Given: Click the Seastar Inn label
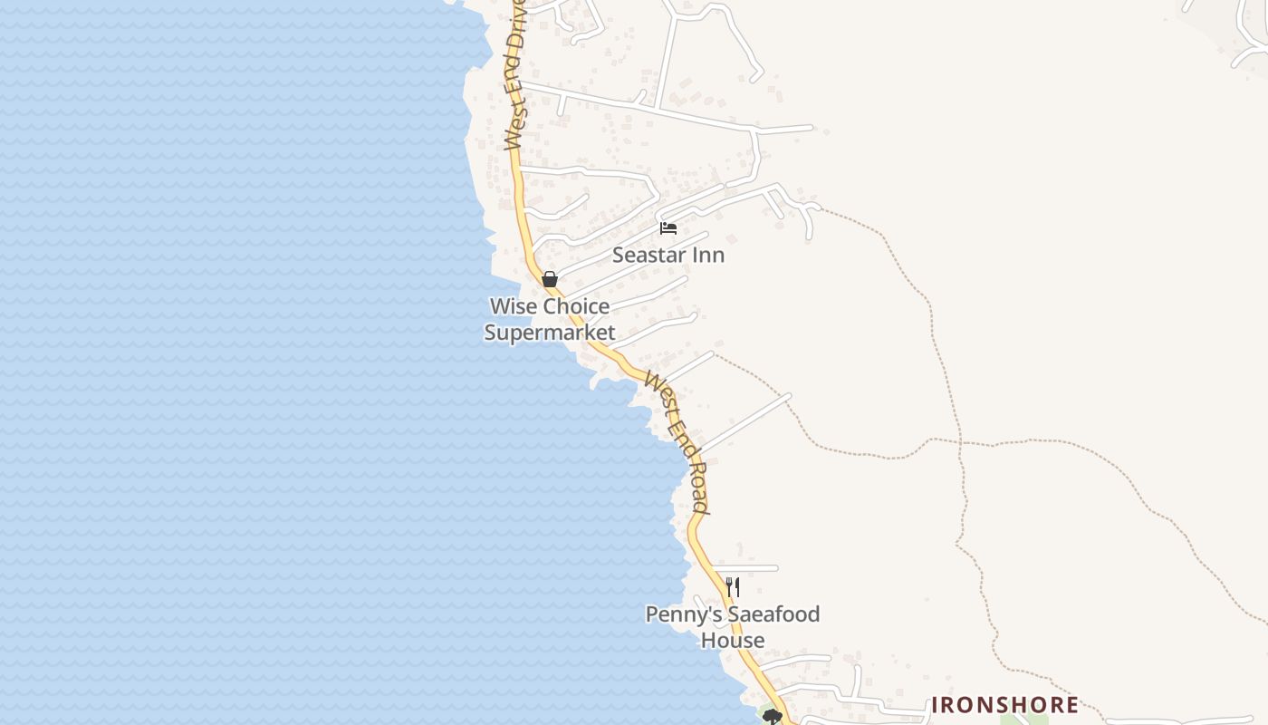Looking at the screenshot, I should [668, 256].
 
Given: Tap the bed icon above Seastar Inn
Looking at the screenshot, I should [668, 227].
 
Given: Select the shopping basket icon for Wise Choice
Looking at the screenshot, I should [549, 279].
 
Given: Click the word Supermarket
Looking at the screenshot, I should [550, 333].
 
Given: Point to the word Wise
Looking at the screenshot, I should [514, 306].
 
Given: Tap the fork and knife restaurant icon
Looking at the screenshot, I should [733, 587].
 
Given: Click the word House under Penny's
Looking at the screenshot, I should [733, 641].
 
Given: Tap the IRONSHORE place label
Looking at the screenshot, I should [1005, 705].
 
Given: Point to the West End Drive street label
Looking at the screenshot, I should [514, 72].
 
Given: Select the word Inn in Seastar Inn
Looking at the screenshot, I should [709, 256].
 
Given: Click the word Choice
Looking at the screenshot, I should [576, 306].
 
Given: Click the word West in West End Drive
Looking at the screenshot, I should [513, 127].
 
